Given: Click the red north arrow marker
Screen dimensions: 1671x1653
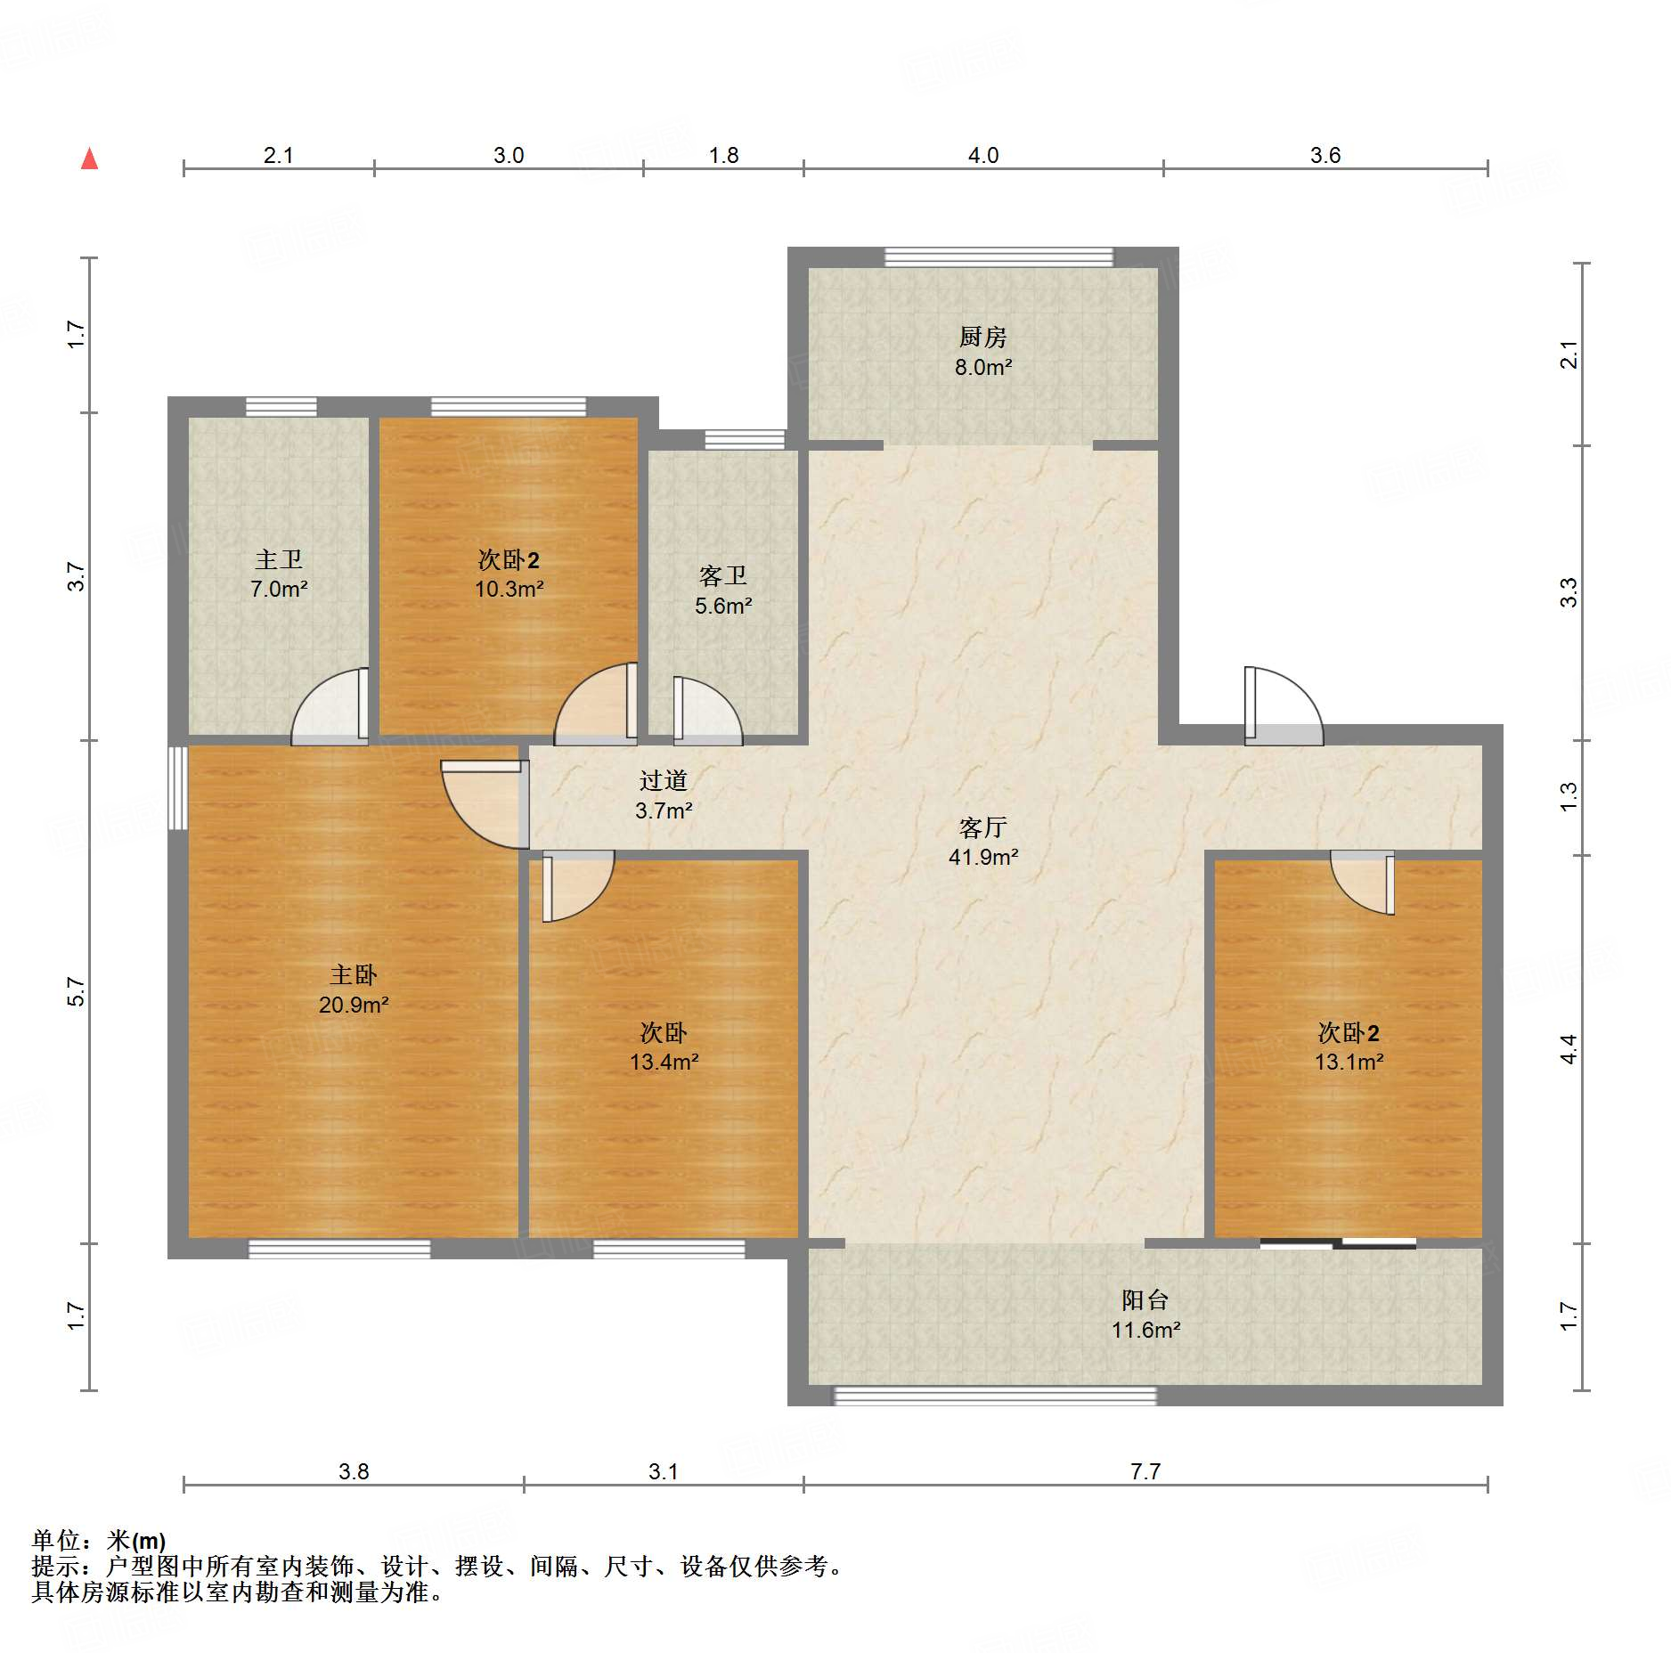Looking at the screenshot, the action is pos(89,159).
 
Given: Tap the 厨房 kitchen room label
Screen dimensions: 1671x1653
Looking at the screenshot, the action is pos(982,337).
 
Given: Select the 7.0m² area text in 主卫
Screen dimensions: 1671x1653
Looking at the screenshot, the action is pos(279,589).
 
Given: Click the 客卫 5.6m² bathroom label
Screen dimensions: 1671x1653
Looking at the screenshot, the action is pos(723,590).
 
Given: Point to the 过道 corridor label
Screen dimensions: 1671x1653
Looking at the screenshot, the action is pos(664,781).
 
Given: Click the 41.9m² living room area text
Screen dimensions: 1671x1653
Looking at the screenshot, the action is pos(983,857).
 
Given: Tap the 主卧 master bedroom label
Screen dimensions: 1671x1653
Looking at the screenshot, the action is pos(354,975).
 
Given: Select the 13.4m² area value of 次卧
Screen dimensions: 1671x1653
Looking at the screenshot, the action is pos(664,1062).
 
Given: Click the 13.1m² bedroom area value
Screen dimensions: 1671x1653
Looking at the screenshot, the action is pos(1349,1062).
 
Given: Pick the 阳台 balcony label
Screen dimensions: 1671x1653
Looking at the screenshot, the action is pos(1145,1300).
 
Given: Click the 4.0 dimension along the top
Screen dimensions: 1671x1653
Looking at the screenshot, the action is pos(983,155).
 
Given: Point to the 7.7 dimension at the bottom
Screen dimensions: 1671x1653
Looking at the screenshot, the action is pos(1145,1471).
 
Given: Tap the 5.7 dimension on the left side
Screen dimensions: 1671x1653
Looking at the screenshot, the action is pos(77,991).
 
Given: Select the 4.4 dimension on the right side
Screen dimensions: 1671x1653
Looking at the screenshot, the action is pos(1569,1048).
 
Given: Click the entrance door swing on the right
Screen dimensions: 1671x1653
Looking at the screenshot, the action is pos(1284,706).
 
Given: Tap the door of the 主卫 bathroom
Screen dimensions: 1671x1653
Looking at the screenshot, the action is pos(330,706).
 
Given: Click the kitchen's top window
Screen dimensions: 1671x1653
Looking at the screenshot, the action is pos(999,257).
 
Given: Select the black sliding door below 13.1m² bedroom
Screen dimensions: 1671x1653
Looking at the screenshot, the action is pos(1338,1243).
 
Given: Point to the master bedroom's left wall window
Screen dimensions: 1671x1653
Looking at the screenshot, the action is pos(178,788).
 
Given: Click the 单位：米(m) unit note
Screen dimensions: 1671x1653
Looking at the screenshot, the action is pos(99,1540).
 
